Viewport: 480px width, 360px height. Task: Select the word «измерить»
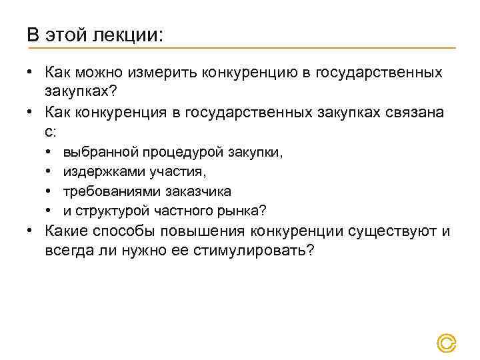click(167, 71)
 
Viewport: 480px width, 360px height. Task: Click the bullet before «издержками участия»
click(51, 172)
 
